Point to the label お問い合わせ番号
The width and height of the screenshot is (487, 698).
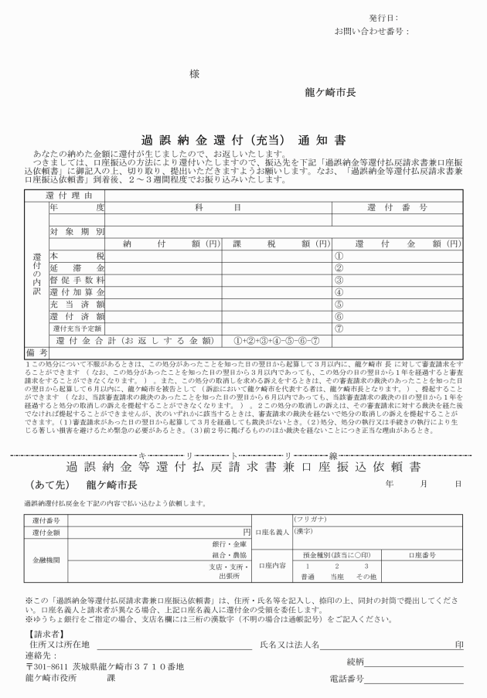[370, 32]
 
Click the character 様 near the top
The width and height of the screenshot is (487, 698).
[194, 74]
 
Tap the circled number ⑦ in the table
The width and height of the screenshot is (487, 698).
[338, 328]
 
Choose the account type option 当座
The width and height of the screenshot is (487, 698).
[336, 577]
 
